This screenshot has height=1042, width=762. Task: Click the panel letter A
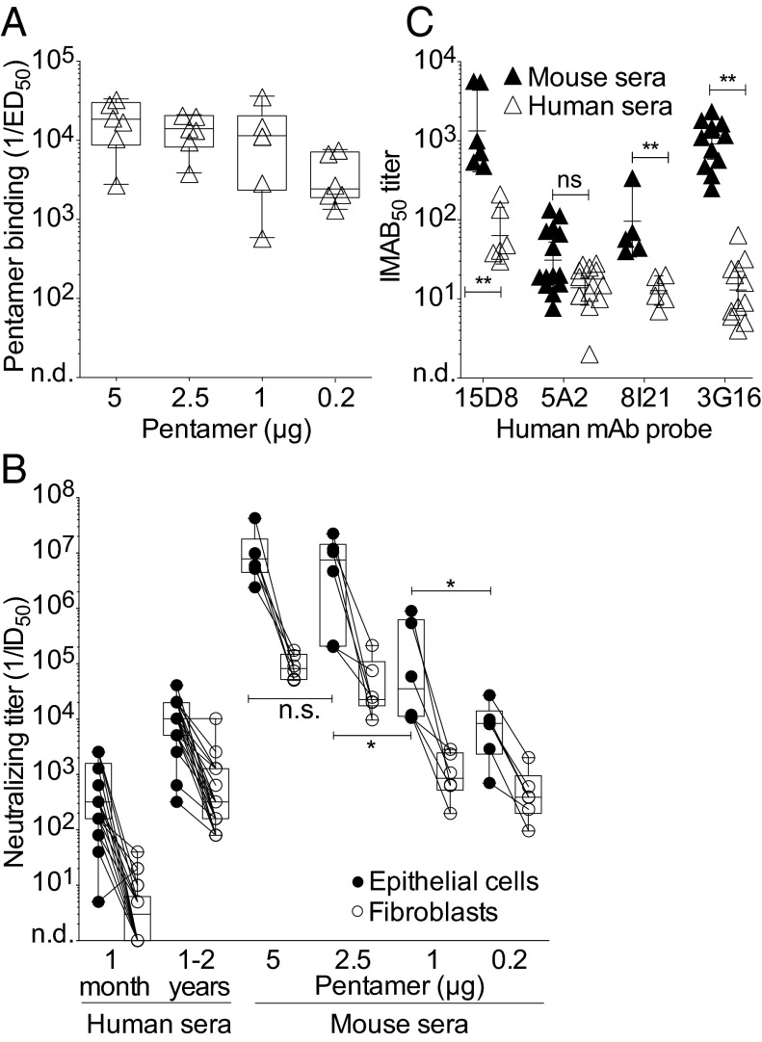pos(15,16)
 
